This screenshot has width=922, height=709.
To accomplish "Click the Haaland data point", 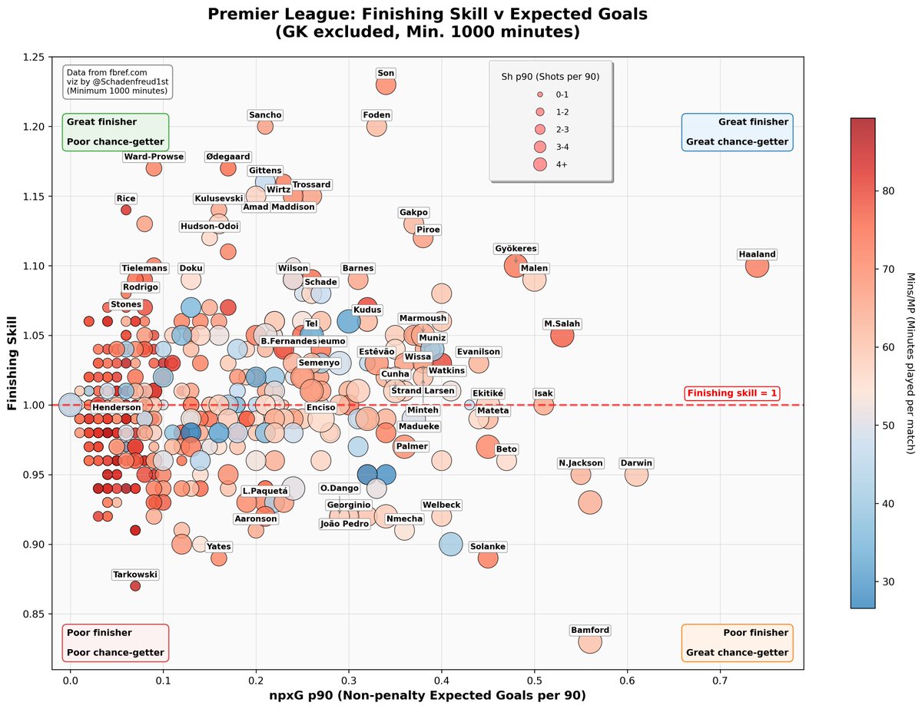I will coord(757,267).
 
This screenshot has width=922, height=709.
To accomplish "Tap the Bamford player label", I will coord(590,631).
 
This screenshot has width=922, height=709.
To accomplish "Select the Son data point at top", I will coord(386,84).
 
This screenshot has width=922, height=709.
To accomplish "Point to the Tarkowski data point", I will coord(135,586).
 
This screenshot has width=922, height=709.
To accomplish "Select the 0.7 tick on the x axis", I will coord(720,680).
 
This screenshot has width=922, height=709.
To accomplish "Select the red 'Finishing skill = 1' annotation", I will coord(732,393).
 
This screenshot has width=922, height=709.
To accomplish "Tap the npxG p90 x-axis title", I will coord(428,695).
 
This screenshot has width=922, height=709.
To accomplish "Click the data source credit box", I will coord(117,81).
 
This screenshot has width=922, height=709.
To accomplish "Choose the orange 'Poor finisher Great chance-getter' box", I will coord(738,643).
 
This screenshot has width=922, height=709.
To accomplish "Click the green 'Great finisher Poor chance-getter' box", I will coord(115,132).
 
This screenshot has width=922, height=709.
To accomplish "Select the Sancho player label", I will coord(265,115).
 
